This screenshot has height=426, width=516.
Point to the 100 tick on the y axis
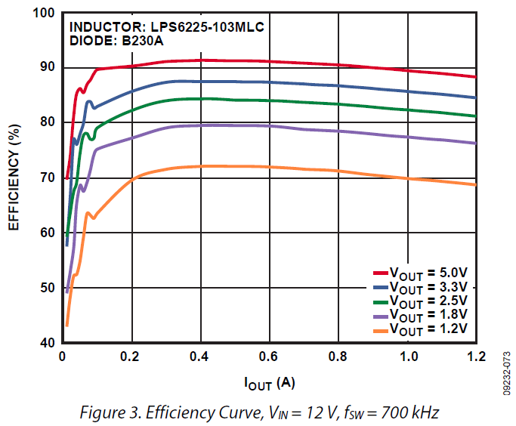[45, 14]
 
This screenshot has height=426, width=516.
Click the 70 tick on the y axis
[48, 178]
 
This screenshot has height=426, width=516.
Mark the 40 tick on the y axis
[48, 343]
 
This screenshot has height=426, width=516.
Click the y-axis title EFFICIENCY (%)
[14, 178]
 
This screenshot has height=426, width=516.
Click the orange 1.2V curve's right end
[475, 184]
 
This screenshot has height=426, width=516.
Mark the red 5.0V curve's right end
[475, 77]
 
